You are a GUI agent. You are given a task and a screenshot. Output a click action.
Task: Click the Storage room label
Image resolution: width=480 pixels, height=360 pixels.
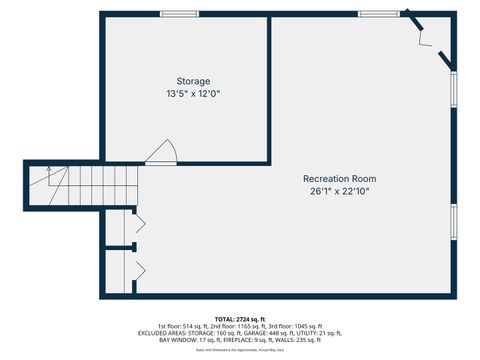(x=193, y=81)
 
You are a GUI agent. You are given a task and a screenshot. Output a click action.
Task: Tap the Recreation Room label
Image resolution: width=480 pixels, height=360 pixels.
(x=340, y=179)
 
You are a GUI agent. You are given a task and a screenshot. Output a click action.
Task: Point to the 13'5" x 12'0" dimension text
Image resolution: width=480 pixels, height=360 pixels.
(x=193, y=94)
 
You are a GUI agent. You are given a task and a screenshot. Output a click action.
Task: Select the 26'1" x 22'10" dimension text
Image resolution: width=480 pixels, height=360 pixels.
(x=340, y=192)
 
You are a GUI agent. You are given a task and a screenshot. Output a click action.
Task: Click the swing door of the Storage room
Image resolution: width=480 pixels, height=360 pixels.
(x=162, y=152)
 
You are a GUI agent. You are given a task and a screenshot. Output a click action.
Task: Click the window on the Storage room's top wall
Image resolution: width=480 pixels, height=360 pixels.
(x=178, y=13)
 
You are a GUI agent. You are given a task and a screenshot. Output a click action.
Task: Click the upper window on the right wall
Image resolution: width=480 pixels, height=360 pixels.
(x=455, y=90)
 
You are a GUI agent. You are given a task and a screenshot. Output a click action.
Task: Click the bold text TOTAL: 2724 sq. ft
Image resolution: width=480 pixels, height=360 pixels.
(x=240, y=318)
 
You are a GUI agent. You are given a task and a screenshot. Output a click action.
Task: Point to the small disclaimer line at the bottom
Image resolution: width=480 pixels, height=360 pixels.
(x=240, y=350)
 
